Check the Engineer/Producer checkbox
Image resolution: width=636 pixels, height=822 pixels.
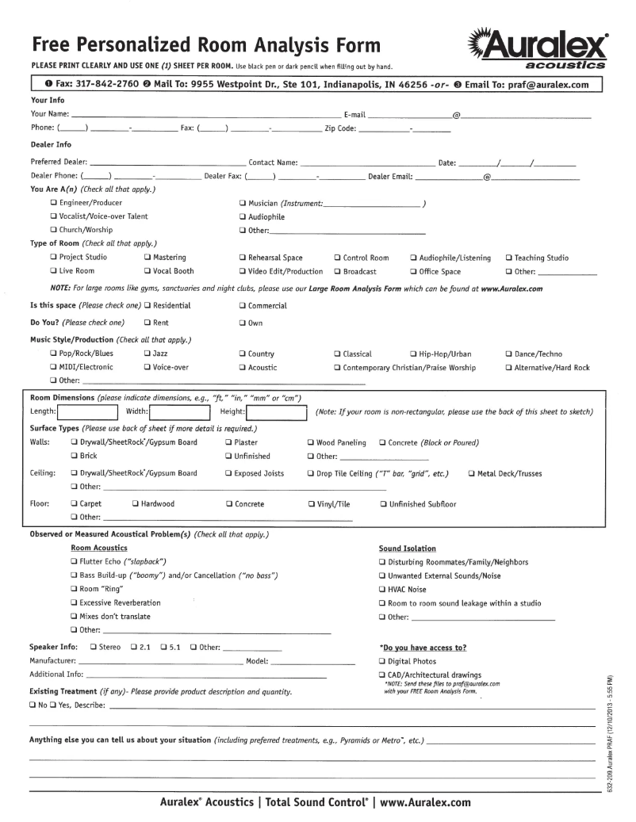coord(53,203)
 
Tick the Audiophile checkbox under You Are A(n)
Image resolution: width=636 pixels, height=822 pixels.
coord(242,216)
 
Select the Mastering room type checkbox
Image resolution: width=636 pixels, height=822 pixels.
coord(148,258)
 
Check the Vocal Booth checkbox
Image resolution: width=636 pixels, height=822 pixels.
coord(148,271)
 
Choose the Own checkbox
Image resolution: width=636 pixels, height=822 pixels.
coord(242,323)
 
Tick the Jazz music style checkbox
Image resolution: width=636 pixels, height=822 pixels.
coord(148,354)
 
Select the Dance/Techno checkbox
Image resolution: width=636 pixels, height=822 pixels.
coord(509,354)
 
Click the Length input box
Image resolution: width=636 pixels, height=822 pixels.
coord(86,411)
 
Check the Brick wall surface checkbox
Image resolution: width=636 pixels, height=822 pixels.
coord(74,456)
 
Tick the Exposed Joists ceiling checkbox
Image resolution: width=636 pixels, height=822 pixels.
coord(228,473)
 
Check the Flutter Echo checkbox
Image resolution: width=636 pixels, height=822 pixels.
coord(74,561)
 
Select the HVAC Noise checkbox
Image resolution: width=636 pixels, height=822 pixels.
coord(382,589)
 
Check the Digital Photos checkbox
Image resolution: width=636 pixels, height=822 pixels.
coord(382,661)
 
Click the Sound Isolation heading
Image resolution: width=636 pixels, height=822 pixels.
coord(408,548)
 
